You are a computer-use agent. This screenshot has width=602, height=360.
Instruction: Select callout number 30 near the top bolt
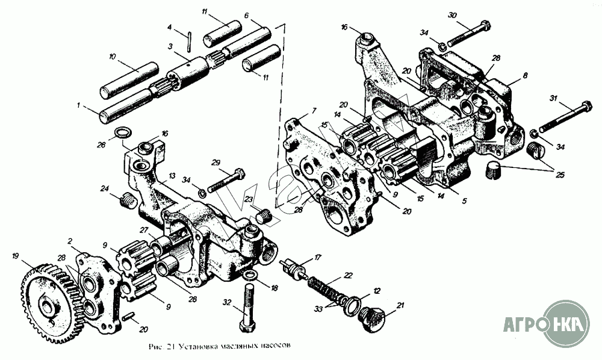453,14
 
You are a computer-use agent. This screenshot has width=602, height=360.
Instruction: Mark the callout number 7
313,111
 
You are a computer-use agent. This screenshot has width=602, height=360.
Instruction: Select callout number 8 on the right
525,76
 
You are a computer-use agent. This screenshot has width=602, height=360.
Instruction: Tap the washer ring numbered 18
252,275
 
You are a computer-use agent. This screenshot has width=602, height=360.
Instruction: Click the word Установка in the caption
189,347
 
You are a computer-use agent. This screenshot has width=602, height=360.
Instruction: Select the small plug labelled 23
263,214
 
